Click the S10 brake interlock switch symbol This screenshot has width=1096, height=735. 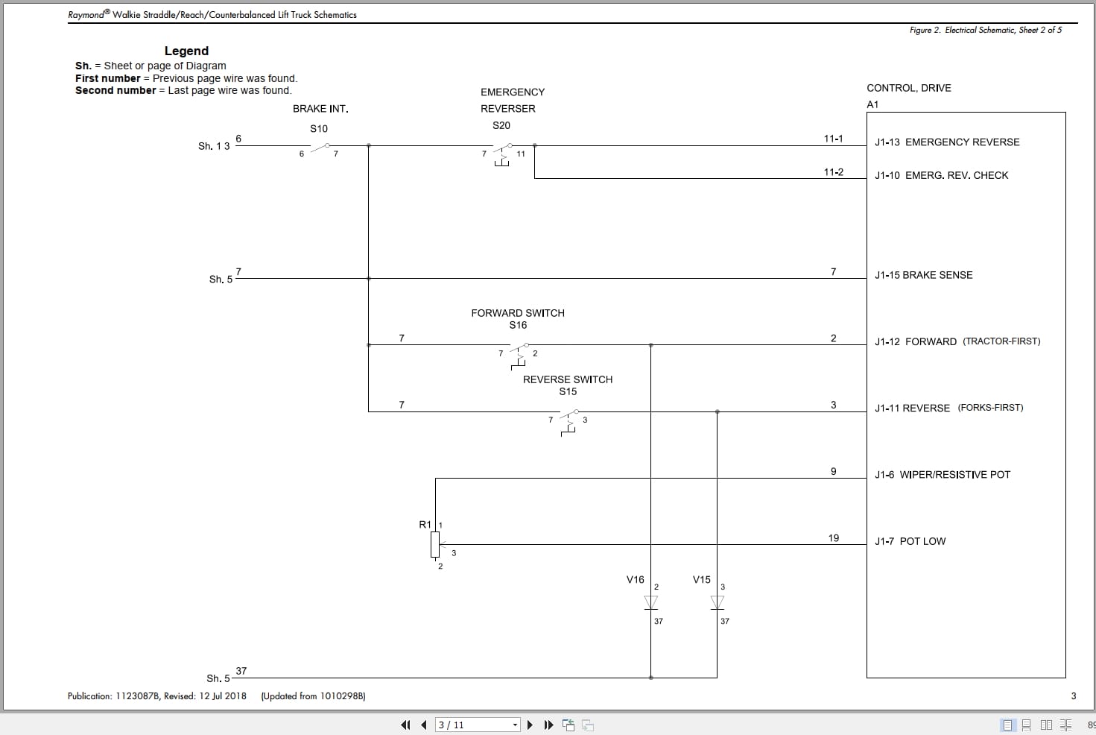(320, 146)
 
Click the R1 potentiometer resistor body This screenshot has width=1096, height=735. (435, 545)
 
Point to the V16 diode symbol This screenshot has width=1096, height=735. (650, 602)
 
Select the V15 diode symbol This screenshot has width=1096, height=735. (718, 602)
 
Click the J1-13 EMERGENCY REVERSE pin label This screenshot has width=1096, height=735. (947, 142)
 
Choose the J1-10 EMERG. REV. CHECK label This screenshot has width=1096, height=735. (941, 176)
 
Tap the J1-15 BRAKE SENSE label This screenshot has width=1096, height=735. (923, 275)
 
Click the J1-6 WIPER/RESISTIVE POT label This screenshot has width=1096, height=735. (943, 475)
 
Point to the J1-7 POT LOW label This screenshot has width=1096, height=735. (910, 542)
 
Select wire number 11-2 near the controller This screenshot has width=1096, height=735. (833, 172)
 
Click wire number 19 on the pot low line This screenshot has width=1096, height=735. (833, 538)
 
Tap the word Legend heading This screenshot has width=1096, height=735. (186, 51)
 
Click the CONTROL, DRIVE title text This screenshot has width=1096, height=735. (908, 88)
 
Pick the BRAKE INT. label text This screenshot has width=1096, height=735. (320, 109)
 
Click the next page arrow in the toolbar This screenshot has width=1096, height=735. (530, 725)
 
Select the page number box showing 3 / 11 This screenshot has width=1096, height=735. (477, 725)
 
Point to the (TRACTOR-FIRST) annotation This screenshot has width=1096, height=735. (1001, 341)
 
